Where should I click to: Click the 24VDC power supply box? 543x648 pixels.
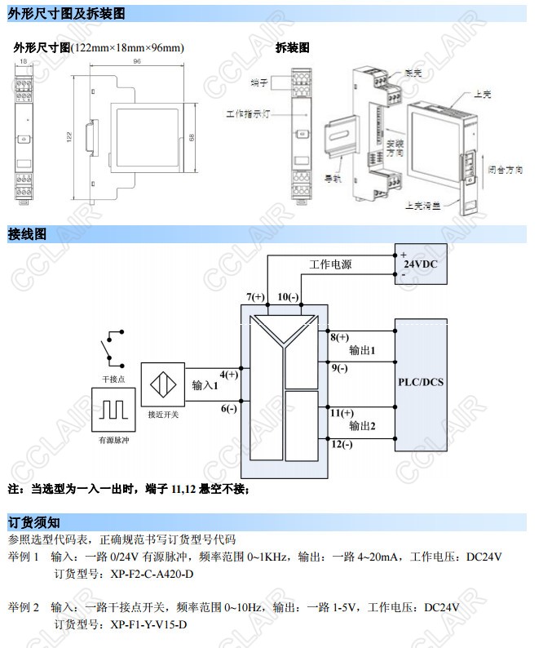[421, 263]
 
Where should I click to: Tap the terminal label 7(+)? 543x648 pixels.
[256, 295]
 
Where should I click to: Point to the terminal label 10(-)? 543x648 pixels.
[288, 295]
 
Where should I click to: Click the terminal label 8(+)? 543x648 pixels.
[339, 337]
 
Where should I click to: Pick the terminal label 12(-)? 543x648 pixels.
[342, 444]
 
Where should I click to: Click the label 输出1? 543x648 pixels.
[362, 351]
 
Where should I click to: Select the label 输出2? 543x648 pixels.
[362, 426]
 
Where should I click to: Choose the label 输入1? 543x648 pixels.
[205, 385]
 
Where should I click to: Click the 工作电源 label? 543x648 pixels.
[330, 265]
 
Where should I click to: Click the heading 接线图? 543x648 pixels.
[27, 234]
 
